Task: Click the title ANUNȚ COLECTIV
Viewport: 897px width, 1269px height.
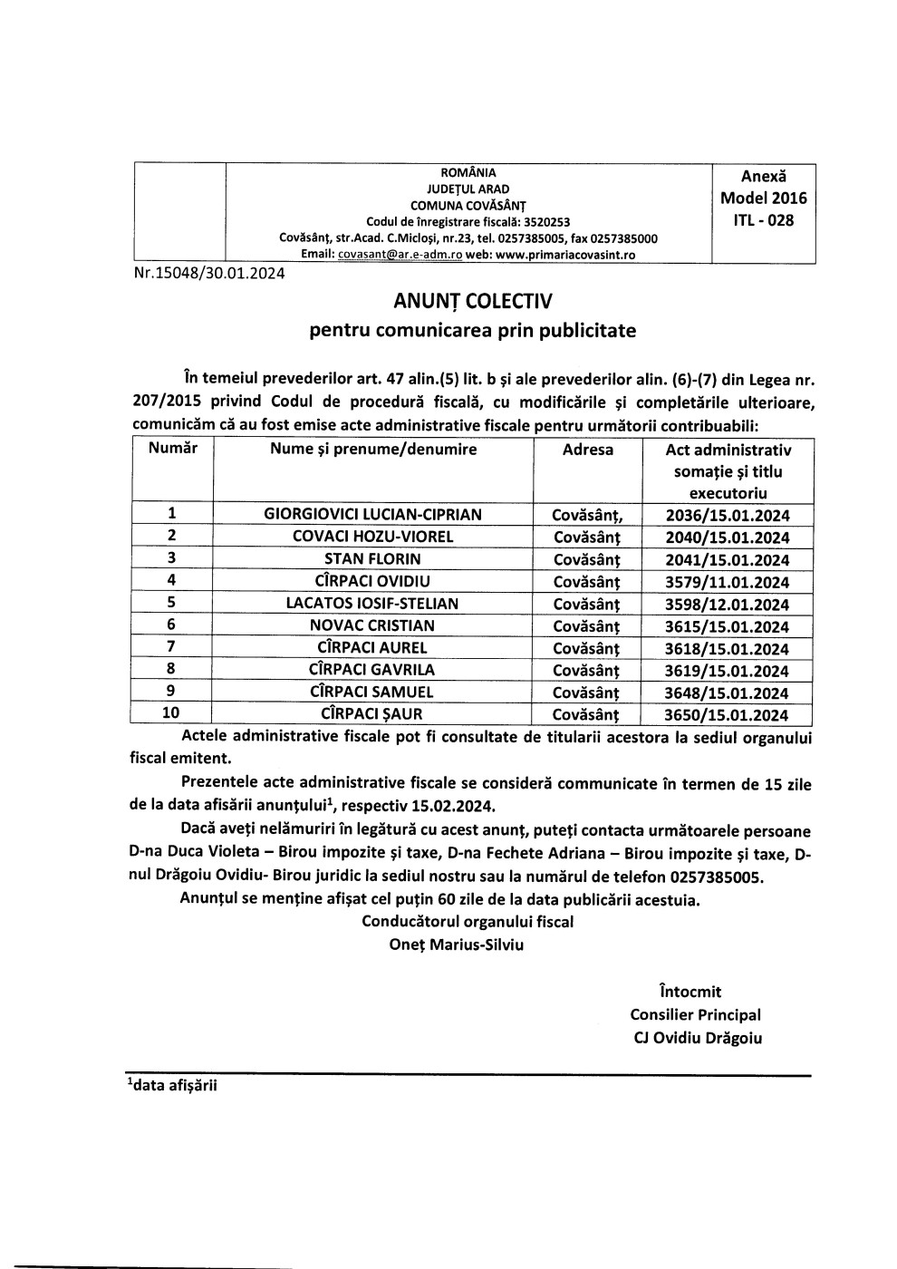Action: [471, 300]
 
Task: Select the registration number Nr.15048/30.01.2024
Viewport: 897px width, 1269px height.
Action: [207, 272]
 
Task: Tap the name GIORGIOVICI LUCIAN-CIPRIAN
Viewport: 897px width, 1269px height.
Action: [372, 515]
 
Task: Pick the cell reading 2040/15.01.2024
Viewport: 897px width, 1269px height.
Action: [728, 538]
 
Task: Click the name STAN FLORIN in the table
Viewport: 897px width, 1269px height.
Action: [372, 559]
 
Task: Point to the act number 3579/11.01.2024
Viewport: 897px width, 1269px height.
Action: [728, 582]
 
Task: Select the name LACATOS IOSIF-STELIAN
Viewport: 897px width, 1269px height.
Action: [372, 604]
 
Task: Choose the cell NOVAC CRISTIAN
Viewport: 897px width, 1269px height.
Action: [372, 625]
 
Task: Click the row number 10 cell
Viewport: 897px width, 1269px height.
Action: [170, 713]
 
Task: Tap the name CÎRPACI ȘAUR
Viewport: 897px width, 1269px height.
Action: [372, 714]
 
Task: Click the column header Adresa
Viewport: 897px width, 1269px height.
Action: [587, 450]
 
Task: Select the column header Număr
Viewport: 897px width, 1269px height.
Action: [172, 449]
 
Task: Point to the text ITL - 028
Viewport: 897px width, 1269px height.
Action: [763, 220]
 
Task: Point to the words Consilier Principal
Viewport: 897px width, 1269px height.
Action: [695, 1015]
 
